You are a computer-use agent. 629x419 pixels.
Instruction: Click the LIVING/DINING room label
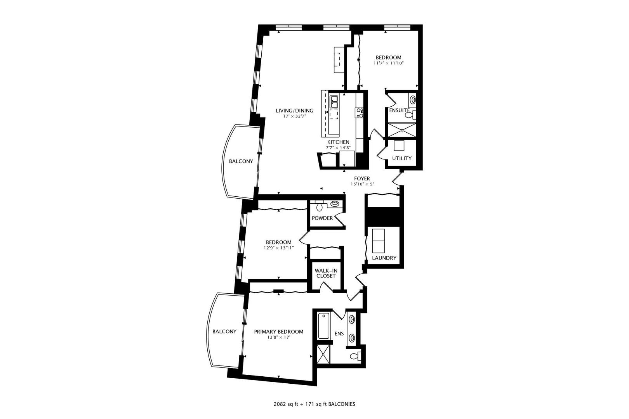pyautogui.click(x=294, y=111)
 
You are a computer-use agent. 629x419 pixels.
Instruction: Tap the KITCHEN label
pyautogui.click(x=338, y=142)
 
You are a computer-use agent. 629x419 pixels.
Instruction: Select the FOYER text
pyautogui.click(x=362, y=178)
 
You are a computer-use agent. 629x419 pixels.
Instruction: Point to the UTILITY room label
pyautogui.click(x=401, y=158)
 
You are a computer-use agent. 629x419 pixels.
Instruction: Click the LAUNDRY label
pyautogui.click(x=384, y=258)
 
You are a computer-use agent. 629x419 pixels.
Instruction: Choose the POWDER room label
pyautogui.click(x=322, y=218)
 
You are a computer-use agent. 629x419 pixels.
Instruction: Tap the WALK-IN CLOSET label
pyautogui.click(x=325, y=273)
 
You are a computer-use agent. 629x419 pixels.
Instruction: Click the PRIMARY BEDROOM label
pyautogui.click(x=278, y=332)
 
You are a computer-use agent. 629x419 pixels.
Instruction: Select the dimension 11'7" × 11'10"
pyautogui.click(x=388, y=63)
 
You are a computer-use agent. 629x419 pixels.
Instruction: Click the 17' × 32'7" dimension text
pyautogui.click(x=294, y=116)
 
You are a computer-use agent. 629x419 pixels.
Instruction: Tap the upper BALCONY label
pyautogui.click(x=241, y=161)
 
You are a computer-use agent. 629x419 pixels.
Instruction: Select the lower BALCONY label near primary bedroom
pyautogui.click(x=224, y=332)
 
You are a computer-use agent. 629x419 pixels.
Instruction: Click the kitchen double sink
pyautogui.click(x=334, y=102)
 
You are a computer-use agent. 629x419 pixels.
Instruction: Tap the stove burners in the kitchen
pyautogui.click(x=360, y=113)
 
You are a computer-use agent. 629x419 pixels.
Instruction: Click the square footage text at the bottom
pyautogui.click(x=314, y=404)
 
